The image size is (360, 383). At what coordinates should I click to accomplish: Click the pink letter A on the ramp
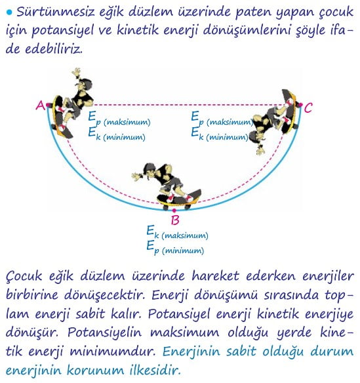(x=40, y=106)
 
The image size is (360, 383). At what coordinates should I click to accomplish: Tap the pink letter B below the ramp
(x=175, y=220)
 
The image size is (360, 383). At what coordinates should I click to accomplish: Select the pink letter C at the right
(x=308, y=108)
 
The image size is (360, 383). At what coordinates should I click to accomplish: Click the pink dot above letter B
(x=174, y=211)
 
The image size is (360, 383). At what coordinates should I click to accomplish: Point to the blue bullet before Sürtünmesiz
(x=9, y=12)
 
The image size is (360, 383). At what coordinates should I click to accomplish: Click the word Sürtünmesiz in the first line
(x=56, y=12)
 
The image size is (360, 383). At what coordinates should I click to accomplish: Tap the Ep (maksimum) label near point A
(x=119, y=119)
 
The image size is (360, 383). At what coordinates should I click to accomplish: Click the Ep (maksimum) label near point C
(x=222, y=119)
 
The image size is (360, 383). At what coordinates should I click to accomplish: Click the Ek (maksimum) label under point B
(x=177, y=233)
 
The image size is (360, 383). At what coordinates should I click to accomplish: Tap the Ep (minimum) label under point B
(x=175, y=248)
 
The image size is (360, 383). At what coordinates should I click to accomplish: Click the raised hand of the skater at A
(x=77, y=73)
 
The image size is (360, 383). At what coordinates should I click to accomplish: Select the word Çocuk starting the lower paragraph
(x=24, y=276)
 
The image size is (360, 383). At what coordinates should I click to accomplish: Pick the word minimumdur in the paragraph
(x=113, y=352)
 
